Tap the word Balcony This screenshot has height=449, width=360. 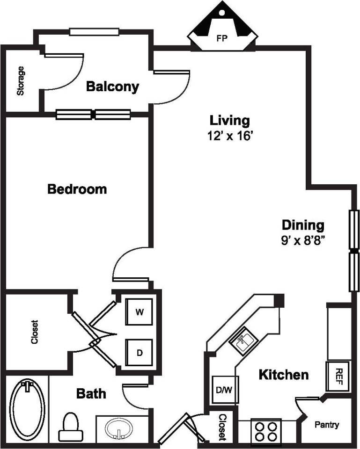coord(113,87)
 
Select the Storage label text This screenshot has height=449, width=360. coord(21,80)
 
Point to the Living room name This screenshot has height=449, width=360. coord(229,121)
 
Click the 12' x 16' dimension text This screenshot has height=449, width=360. coord(229,136)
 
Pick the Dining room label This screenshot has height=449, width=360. coord(302,225)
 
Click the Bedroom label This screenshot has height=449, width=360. coord(77,189)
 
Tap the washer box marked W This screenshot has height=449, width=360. coord(139,312)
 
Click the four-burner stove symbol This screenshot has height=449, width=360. coord(265,431)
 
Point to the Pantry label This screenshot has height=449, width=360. coord(326,425)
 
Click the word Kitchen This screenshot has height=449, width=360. coord(284,375)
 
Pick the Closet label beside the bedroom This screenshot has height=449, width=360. coord(34,332)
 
